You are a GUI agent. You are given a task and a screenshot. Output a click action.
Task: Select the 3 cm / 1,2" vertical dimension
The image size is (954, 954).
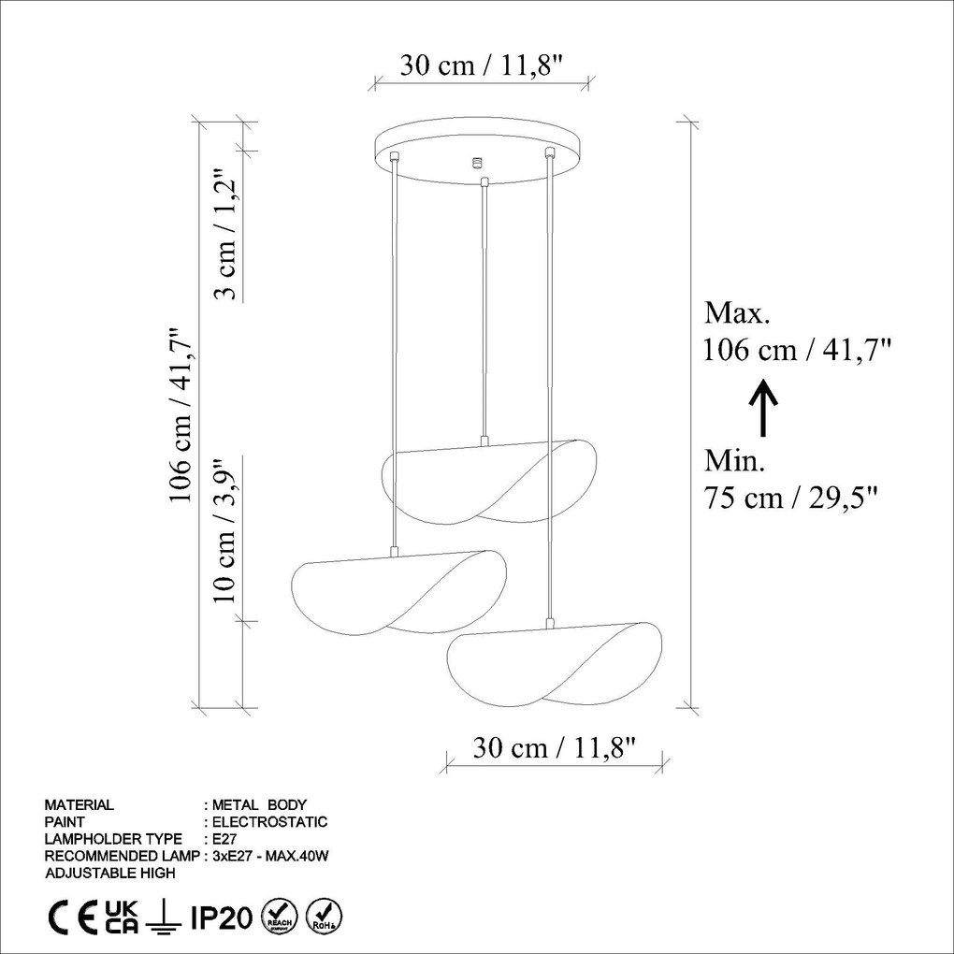[x=224, y=235]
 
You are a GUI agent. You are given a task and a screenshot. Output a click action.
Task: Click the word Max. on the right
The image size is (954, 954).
[x=736, y=312]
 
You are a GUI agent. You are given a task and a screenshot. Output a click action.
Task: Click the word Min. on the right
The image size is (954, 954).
[x=734, y=460]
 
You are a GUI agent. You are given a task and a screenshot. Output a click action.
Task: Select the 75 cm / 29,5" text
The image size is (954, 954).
[x=790, y=497]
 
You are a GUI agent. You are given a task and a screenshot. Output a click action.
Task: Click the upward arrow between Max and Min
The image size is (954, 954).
[x=764, y=408]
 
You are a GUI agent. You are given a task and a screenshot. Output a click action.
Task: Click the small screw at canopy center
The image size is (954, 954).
[x=478, y=162]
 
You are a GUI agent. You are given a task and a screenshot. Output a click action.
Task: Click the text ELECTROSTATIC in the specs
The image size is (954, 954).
[x=270, y=822]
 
